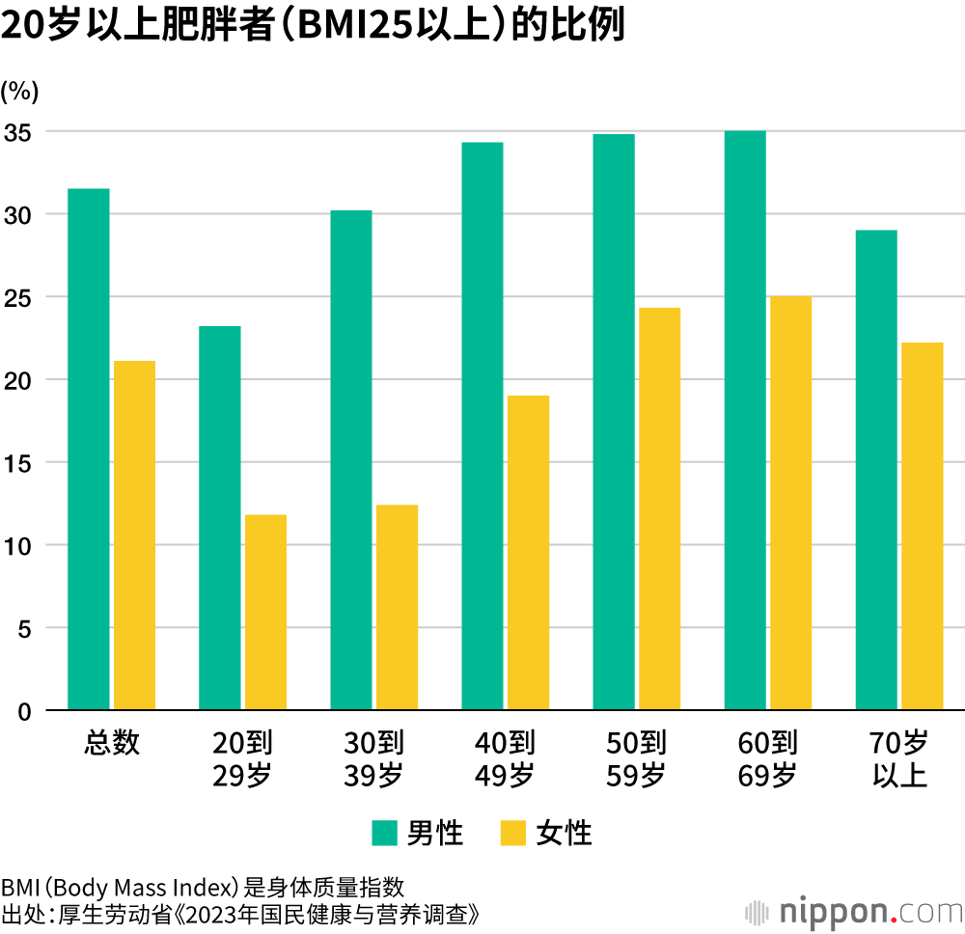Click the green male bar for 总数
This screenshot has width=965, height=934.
tap(88, 450)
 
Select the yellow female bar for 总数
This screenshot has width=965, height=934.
tap(134, 536)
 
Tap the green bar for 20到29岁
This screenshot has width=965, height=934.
tap(219, 518)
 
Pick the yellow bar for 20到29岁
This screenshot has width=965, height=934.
tap(265, 613)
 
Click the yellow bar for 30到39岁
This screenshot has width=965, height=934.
tap(397, 608)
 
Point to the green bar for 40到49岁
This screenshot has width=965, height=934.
tap(482, 426)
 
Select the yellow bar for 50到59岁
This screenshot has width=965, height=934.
tap(659, 509)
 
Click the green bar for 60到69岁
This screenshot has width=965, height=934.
tap(744, 421)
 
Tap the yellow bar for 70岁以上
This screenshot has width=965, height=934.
tap(922, 527)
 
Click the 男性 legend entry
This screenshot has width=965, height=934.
tap(417, 833)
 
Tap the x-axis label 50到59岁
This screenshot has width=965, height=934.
tap(636, 758)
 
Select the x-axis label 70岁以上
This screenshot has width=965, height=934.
tap(899, 758)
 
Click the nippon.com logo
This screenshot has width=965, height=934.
tap(853, 911)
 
